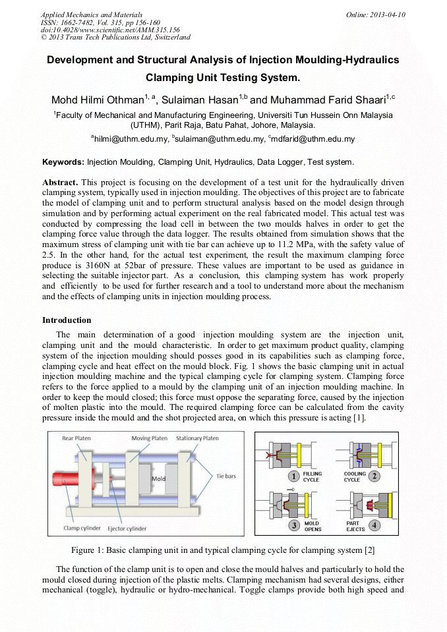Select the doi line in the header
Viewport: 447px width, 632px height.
point(110,30)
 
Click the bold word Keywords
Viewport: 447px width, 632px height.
point(63,161)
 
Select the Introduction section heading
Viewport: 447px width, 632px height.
point(67,320)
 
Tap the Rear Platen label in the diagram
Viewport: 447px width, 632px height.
point(76,438)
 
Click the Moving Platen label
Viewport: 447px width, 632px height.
point(149,438)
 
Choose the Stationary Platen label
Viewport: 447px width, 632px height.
point(197,438)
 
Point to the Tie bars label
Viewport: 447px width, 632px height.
point(225,476)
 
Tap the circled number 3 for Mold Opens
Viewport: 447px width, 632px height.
point(294,525)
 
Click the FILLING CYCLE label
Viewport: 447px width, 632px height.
point(311,476)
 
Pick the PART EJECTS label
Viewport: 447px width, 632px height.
point(353,526)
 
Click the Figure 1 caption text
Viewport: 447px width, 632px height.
point(223,550)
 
